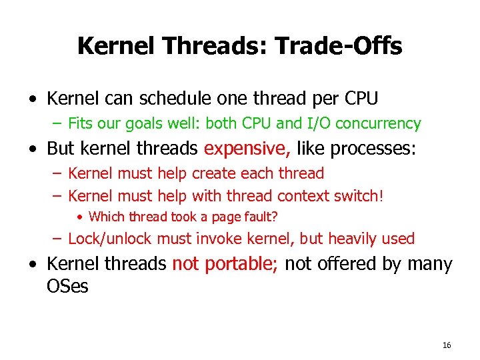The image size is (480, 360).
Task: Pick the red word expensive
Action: point(247,148)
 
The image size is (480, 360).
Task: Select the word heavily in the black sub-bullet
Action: point(354,239)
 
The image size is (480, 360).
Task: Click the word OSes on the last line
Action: point(67,287)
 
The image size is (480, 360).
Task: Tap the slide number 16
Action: point(447,345)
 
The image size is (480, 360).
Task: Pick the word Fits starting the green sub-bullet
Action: point(80,123)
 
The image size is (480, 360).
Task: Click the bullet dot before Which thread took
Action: point(79,216)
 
